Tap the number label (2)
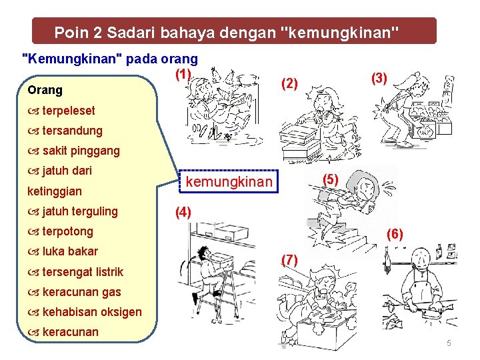289,83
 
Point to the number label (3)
379,78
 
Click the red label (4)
183,213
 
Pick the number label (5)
331,179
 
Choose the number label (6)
394,233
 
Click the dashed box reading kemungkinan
229,182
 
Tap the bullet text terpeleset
68,111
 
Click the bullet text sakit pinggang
81,151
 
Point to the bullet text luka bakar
69,251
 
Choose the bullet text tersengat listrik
82,271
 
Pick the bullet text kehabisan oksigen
91,311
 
